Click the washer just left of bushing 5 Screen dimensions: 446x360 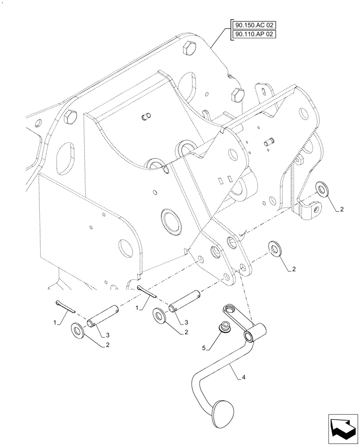click(160, 315)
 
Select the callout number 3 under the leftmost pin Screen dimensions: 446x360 click(106, 335)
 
